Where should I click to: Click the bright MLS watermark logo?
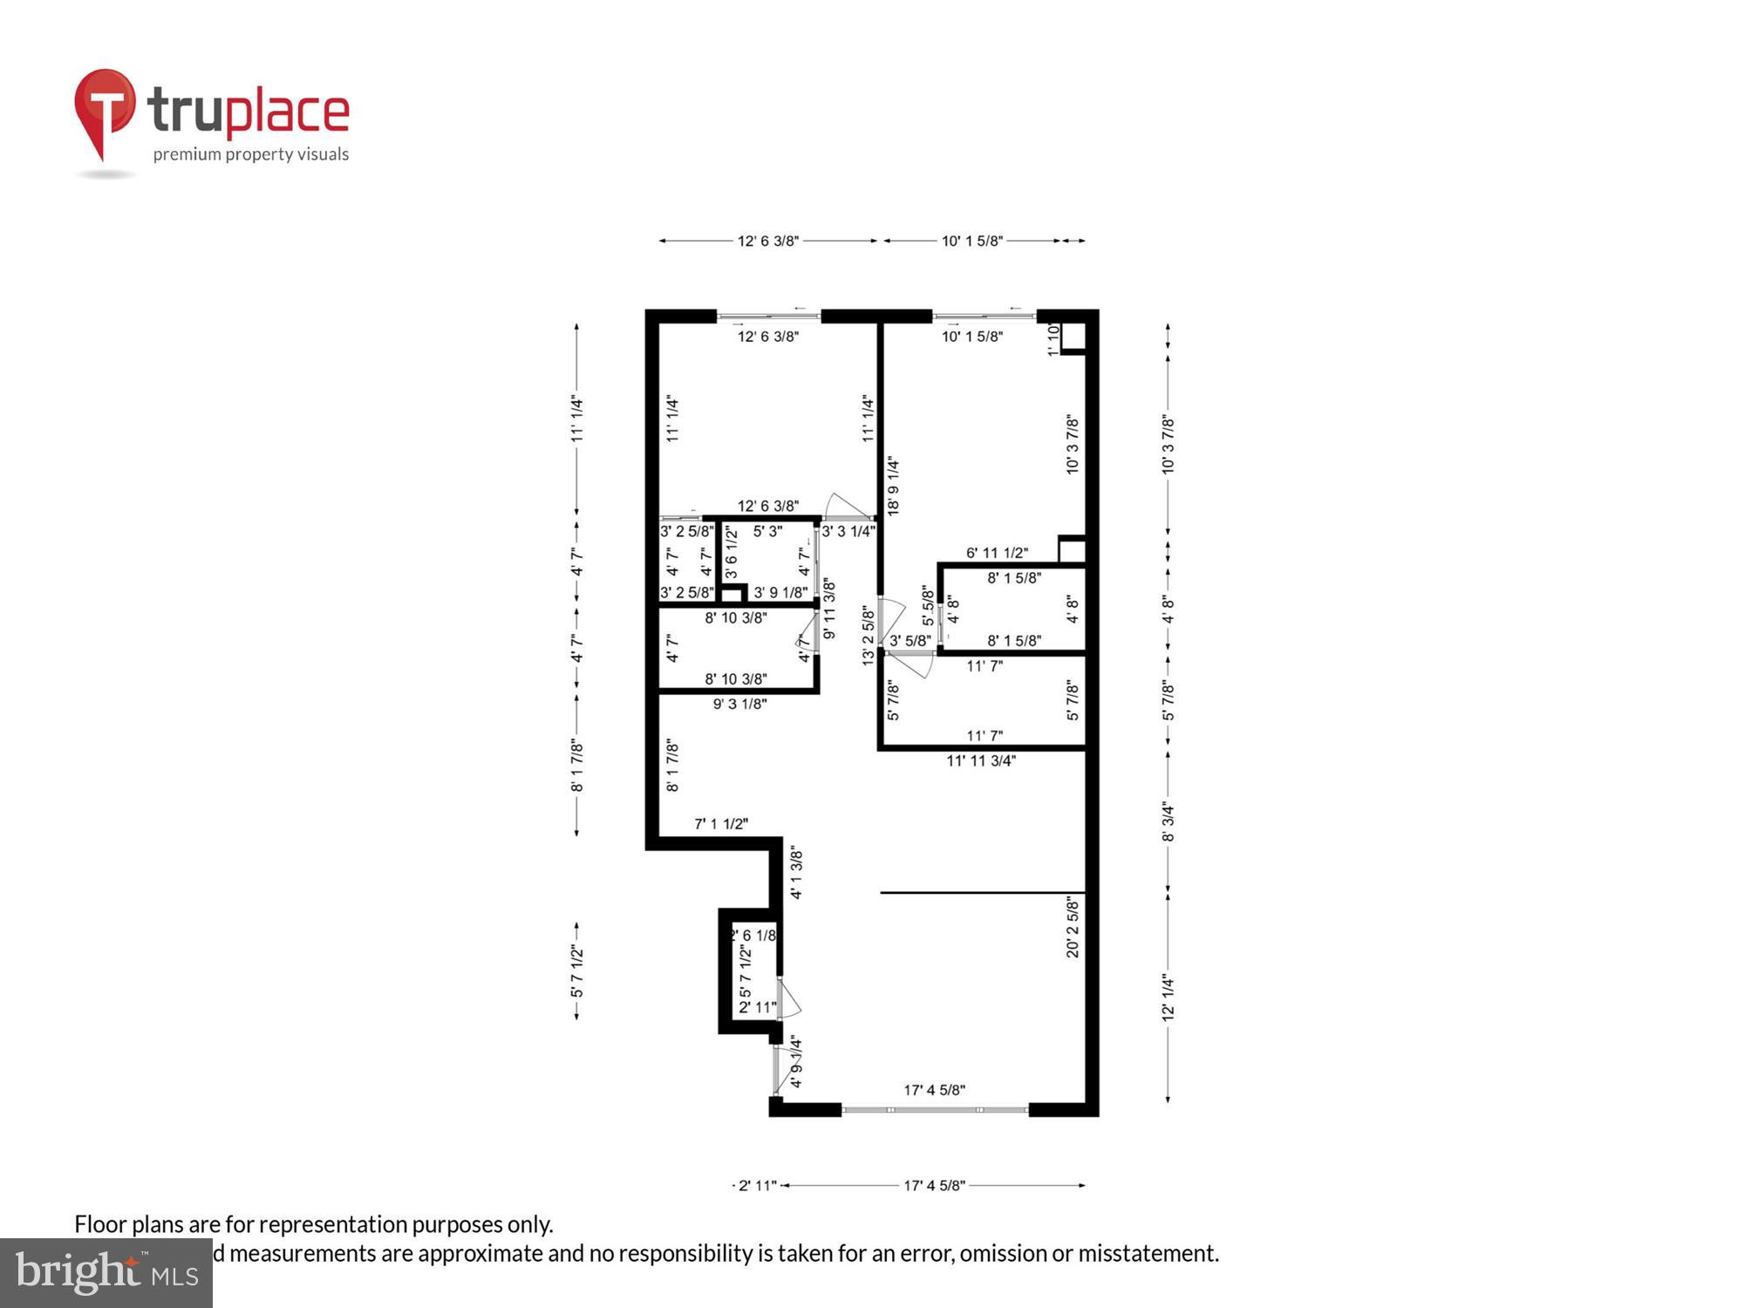pos(106,1273)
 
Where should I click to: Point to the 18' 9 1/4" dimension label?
pos(894,487)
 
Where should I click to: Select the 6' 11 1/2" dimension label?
pos(997,553)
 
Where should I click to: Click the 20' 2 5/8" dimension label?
pos(1073,926)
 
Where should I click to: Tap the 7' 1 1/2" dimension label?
pos(721,824)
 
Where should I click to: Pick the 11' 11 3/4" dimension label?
pos(981,761)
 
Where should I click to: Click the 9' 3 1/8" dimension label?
pos(739,704)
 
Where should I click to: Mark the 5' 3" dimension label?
pos(767,531)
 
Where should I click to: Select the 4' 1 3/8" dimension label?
pos(796,872)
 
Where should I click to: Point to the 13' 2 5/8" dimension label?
pos(869,637)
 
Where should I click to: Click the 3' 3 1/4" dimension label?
pos(848,531)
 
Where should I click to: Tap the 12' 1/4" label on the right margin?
pos(1168,998)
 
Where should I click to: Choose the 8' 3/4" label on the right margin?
pos(1168,822)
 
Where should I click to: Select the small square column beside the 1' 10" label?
pos(1073,337)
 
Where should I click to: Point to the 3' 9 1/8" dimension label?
pos(780,593)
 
